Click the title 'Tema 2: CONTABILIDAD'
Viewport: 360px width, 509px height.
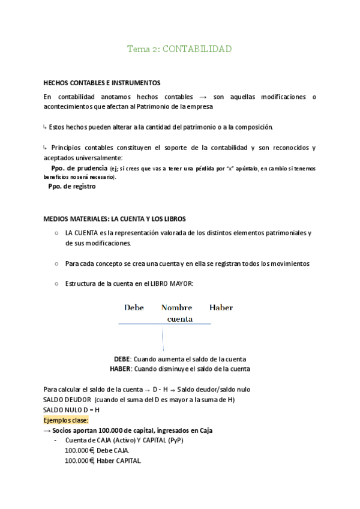179,49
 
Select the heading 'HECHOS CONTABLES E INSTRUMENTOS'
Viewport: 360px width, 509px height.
101,82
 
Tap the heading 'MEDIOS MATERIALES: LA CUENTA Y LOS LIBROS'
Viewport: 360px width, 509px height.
118,219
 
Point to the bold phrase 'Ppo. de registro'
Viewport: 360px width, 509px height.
71,186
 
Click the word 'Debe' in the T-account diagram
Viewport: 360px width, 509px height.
134,308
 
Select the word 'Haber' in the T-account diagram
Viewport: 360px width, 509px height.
221,308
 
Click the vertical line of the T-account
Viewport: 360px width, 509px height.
163,339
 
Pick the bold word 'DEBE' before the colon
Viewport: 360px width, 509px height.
122,359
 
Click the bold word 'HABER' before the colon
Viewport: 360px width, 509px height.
120,369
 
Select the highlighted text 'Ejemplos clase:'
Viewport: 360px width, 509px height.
66,420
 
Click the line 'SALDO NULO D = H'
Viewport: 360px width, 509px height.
71,410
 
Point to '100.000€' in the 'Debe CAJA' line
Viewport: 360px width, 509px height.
80,450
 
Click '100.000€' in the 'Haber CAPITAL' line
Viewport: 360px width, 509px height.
80,460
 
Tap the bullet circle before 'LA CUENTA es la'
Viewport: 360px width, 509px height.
56,233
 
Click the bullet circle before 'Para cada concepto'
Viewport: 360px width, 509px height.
56,264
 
